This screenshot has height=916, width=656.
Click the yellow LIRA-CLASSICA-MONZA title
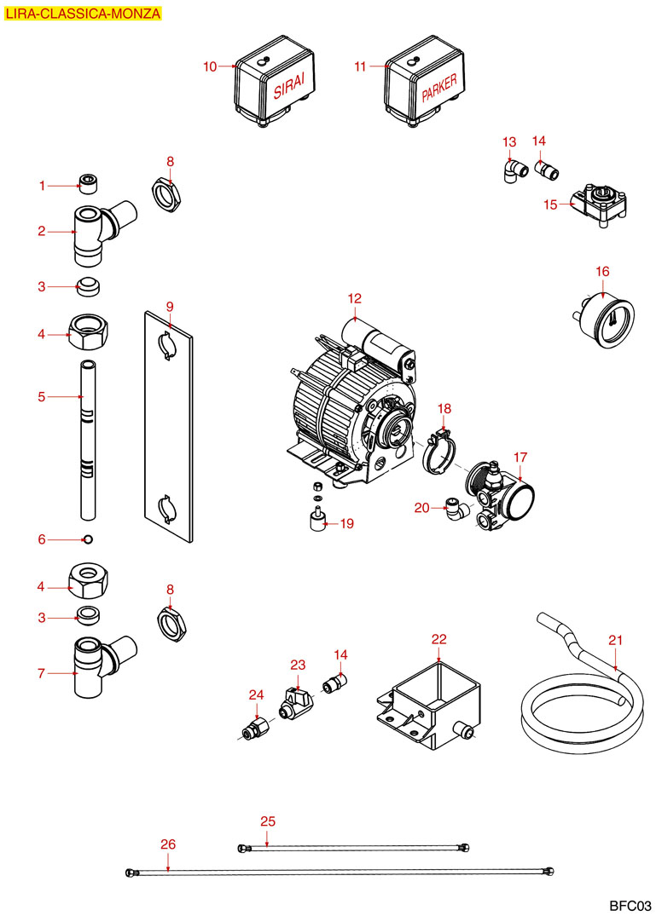tap(82, 13)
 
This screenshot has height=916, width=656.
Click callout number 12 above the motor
tap(355, 298)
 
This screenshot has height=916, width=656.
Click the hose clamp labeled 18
tap(441, 449)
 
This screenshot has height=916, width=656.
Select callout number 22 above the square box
tap(438, 639)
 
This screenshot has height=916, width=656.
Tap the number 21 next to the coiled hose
tap(616, 639)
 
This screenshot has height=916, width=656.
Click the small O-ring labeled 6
tap(88, 539)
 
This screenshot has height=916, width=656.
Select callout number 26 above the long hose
tap(168, 844)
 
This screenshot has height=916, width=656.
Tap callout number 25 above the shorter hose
tap(268, 821)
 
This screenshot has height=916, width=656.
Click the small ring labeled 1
tap(85, 181)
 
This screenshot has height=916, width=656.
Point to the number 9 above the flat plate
tap(170, 305)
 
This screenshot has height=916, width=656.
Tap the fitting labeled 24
tap(255, 729)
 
